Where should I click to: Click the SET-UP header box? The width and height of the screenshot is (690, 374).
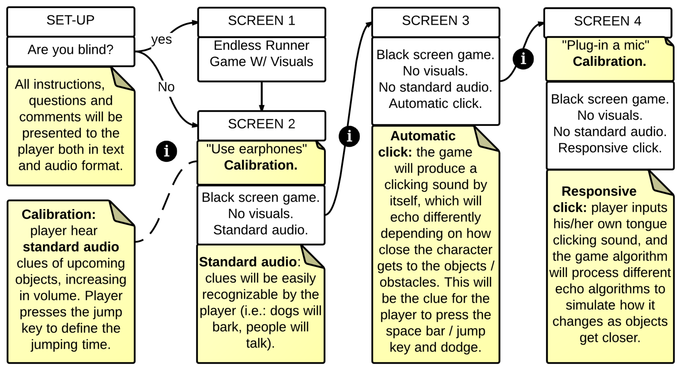(70, 21)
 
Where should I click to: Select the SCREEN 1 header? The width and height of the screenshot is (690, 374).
(261, 21)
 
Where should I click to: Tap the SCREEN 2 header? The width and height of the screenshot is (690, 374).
(261, 124)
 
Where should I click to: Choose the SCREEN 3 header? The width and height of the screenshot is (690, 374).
(435, 21)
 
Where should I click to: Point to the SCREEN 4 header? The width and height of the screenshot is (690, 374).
(607, 22)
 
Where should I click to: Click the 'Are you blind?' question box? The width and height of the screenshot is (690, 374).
(70, 50)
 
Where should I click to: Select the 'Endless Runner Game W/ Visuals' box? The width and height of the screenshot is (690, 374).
(261, 54)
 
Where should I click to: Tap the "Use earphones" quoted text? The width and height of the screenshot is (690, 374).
(257, 149)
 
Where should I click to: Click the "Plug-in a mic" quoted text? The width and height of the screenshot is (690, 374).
(605, 45)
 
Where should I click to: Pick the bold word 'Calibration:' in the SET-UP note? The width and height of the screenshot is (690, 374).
(59, 214)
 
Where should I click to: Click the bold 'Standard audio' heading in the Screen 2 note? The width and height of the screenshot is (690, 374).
(248, 262)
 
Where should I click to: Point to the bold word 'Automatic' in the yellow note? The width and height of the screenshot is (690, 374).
(423, 136)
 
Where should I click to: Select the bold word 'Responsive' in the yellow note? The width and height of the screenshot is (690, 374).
(599, 192)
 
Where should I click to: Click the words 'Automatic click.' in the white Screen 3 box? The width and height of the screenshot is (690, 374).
(435, 104)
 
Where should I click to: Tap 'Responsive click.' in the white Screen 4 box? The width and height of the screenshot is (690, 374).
(609, 148)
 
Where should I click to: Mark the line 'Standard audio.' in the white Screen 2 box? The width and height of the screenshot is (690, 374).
(260, 230)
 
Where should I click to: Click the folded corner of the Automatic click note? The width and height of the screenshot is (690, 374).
(485, 139)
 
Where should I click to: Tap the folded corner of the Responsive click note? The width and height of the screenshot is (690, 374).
(659, 183)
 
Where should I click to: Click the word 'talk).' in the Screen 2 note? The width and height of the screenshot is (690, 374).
(260, 343)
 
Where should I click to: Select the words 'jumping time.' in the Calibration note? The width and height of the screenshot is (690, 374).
(70, 345)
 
